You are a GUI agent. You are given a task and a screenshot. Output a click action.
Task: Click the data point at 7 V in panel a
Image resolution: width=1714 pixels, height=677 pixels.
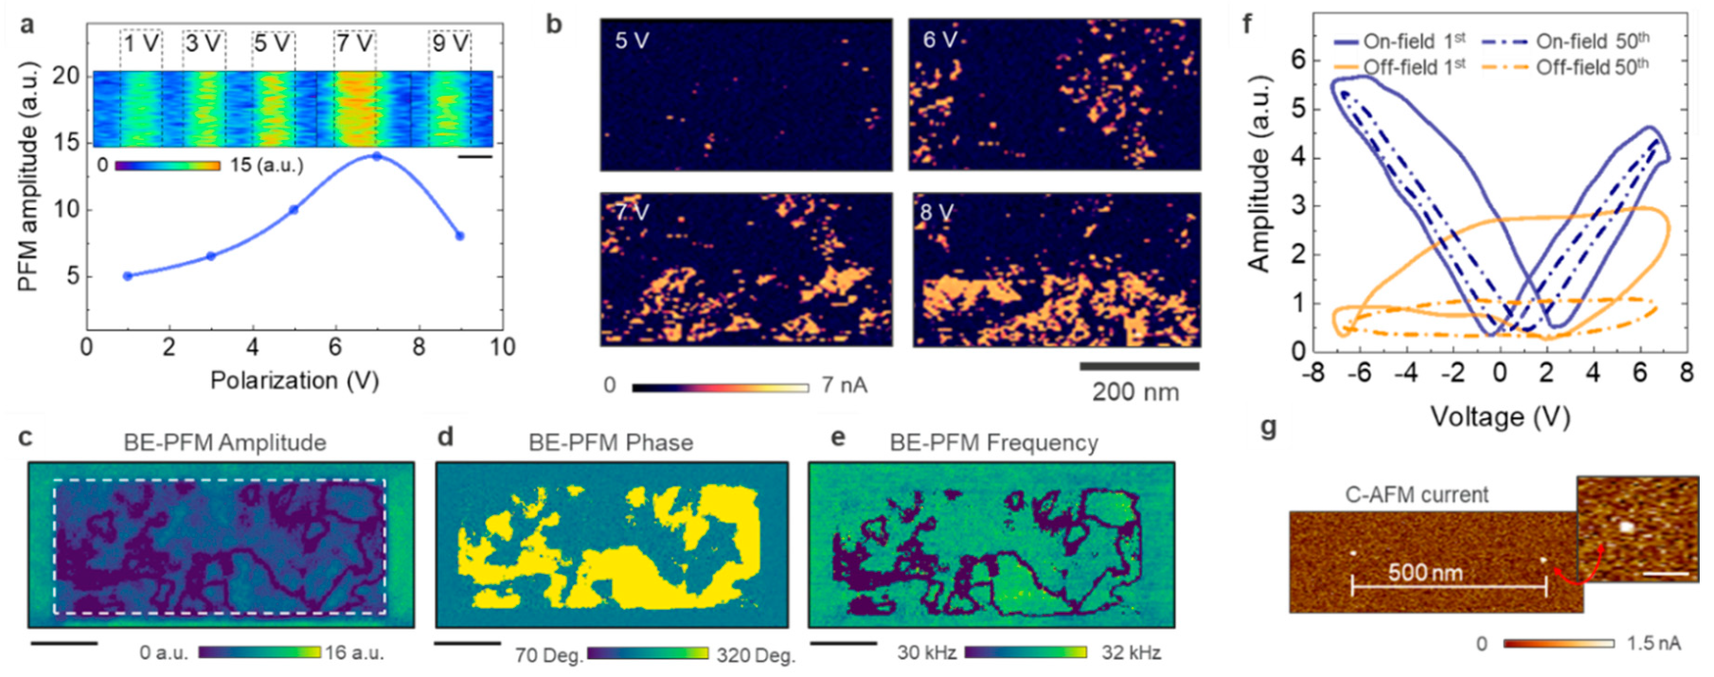coord(376,156)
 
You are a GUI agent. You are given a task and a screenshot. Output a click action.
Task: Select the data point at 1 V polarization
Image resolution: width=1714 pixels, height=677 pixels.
coord(128,276)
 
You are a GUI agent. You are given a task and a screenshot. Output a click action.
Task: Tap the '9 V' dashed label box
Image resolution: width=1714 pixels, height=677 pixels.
coord(450,44)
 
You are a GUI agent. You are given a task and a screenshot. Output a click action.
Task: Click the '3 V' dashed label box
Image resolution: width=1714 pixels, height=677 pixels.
coord(204,44)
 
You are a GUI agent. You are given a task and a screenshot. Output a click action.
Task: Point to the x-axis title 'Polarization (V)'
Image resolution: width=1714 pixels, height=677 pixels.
coord(295,381)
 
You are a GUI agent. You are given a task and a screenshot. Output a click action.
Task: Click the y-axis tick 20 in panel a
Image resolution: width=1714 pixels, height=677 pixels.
coord(65,76)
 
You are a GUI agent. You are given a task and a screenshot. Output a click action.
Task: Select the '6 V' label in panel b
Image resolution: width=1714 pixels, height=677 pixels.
coord(940,40)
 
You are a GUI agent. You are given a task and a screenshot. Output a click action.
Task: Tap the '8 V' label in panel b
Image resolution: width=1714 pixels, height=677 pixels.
coord(937,213)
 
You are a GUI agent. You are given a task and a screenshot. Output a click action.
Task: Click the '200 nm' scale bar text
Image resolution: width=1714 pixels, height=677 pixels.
coord(1135,392)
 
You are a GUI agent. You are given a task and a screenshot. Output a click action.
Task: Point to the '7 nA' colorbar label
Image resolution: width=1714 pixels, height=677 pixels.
coord(844,385)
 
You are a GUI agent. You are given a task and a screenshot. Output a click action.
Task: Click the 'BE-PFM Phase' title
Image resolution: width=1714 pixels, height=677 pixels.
coord(611,442)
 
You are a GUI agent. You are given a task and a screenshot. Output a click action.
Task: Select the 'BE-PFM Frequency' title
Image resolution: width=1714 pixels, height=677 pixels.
coord(993,442)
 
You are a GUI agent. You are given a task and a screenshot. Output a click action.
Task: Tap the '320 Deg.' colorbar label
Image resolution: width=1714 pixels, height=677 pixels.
coord(756,654)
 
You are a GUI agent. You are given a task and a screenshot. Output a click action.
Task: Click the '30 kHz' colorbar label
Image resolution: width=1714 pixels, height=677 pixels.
coord(926,653)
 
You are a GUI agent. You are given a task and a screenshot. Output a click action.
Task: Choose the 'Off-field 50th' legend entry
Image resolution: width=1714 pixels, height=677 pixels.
coord(1592,67)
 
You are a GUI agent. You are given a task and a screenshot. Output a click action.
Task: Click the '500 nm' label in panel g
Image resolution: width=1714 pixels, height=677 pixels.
coord(1425,572)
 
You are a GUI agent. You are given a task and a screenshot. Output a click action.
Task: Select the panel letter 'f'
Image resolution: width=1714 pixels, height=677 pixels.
coord(1247,23)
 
